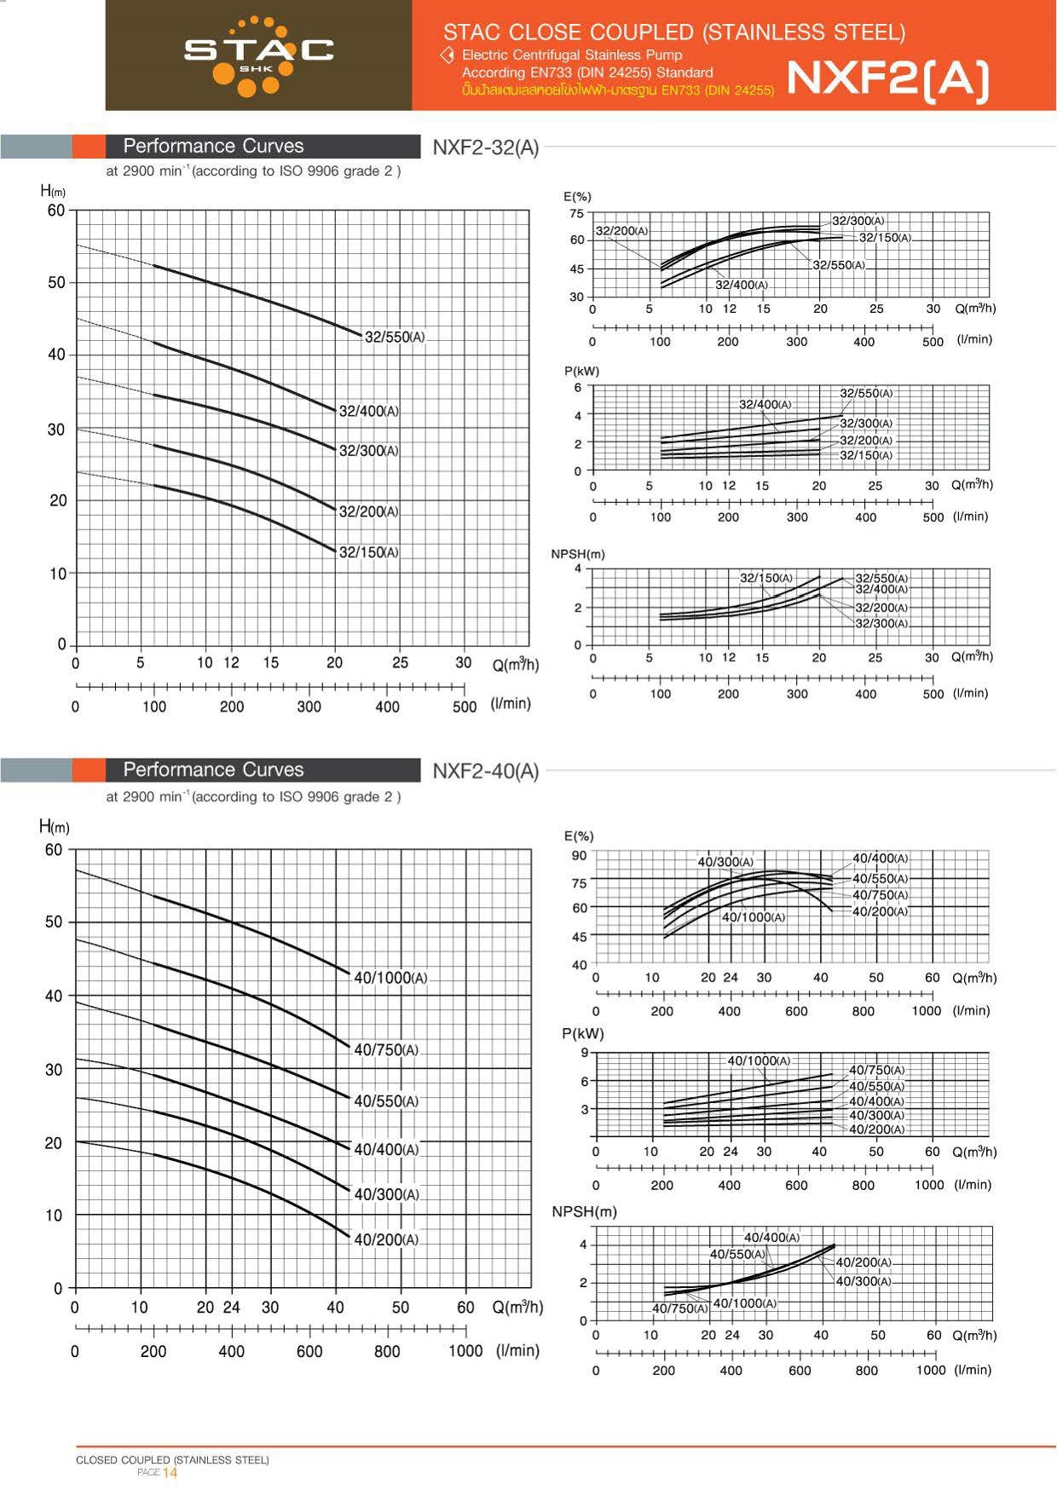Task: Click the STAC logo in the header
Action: [258, 53]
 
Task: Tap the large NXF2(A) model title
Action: [887, 78]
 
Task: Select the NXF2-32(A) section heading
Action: [485, 147]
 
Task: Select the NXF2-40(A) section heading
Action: [485, 771]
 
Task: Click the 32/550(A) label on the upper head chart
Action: [394, 338]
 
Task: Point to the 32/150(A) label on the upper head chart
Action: [368, 552]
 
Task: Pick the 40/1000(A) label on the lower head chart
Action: [390, 978]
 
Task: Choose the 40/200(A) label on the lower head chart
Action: [386, 1239]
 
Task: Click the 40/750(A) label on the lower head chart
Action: [386, 1050]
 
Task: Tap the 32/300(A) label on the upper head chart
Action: [368, 451]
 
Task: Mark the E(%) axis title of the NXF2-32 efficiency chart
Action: [577, 197]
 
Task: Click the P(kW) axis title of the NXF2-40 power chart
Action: [583, 1034]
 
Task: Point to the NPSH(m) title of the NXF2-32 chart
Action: [578, 554]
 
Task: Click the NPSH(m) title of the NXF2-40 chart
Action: [584, 1211]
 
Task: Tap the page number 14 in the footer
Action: [170, 1472]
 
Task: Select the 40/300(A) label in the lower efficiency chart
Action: [725, 862]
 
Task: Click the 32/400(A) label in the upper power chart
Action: [765, 405]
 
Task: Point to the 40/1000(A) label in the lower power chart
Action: [758, 1061]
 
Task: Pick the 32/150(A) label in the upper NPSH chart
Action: [765, 578]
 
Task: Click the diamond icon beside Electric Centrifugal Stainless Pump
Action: [447, 55]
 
